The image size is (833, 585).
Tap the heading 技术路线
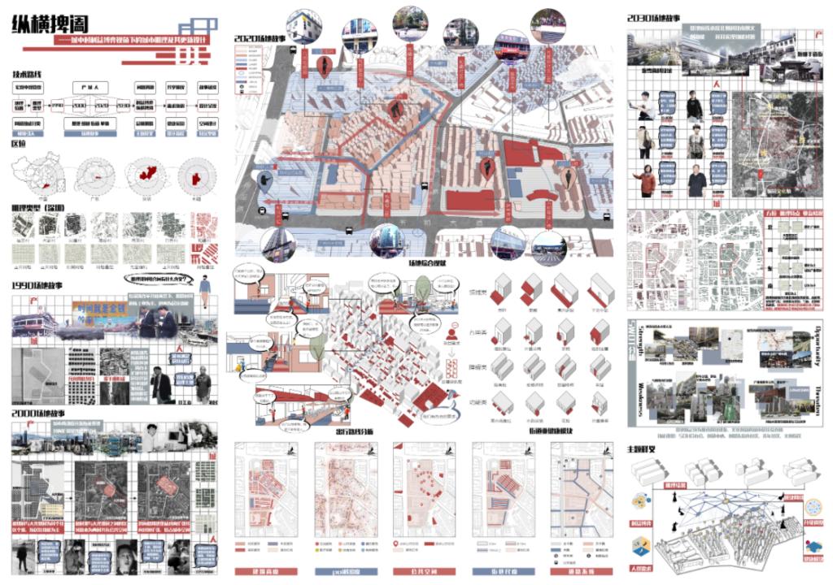pos(28,75)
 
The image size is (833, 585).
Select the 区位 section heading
pos(19,143)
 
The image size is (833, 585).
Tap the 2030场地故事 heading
pos(655,17)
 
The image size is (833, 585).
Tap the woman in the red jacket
pos(648,179)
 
